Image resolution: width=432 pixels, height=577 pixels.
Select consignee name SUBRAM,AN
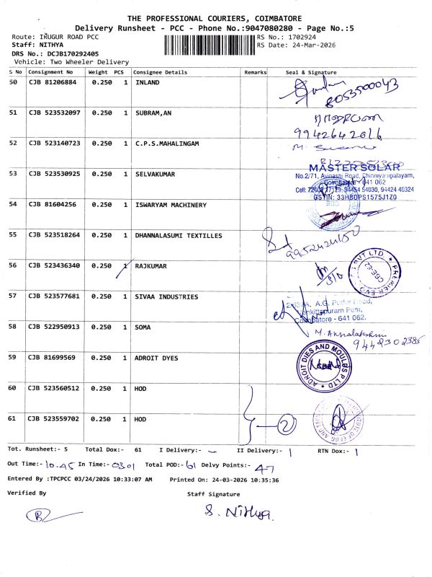(x=153, y=113)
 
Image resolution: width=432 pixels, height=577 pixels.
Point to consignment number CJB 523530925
(x=55, y=175)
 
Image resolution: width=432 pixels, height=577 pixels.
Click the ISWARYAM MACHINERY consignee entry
(x=171, y=205)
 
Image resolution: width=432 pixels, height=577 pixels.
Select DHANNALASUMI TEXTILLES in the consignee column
(x=179, y=236)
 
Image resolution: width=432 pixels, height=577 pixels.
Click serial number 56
(x=13, y=266)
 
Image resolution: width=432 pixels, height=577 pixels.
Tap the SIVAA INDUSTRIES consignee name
(x=166, y=296)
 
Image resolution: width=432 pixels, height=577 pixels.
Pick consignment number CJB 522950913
(x=55, y=327)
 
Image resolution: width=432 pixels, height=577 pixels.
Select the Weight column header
(x=98, y=72)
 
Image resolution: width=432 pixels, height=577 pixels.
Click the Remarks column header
(x=256, y=72)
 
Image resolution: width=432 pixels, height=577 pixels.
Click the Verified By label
(x=27, y=493)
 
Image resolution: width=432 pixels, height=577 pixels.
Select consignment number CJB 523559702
(x=55, y=419)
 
